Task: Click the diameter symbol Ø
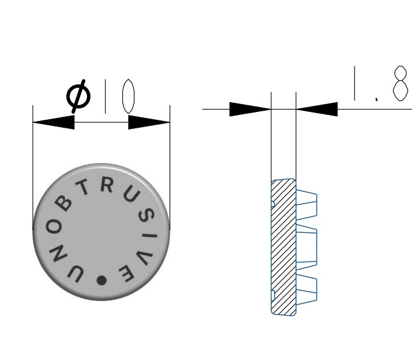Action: (78, 96)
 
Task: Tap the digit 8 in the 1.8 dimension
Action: (400, 83)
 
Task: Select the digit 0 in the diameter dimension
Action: (127, 97)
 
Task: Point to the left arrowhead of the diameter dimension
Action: (54, 122)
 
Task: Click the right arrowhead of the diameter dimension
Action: (149, 122)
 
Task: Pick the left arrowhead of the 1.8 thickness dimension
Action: (249, 109)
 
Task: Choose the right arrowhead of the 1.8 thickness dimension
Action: (317, 109)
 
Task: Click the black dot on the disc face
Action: (101, 280)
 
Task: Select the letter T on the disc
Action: (86, 190)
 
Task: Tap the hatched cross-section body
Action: (283, 246)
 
